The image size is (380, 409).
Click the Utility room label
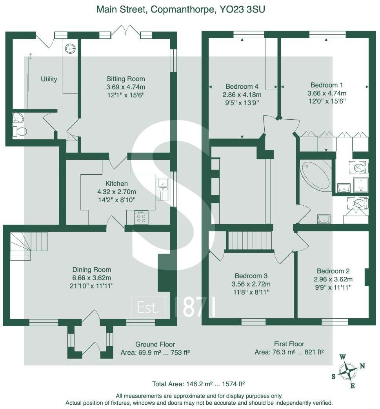tap(49, 79)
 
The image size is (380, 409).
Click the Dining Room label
tap(92, 270)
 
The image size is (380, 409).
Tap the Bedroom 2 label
tap(333, 271)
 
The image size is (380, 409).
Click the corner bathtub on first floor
tap(315, 175)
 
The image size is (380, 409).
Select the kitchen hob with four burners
tap(141, 217)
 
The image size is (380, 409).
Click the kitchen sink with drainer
tap(163, 189)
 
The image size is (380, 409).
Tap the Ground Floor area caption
tap(155, 348)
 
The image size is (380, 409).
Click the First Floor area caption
tap(289, 348)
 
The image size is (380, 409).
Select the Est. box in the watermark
tap(148, 307)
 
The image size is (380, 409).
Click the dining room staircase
tap(27, 245)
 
